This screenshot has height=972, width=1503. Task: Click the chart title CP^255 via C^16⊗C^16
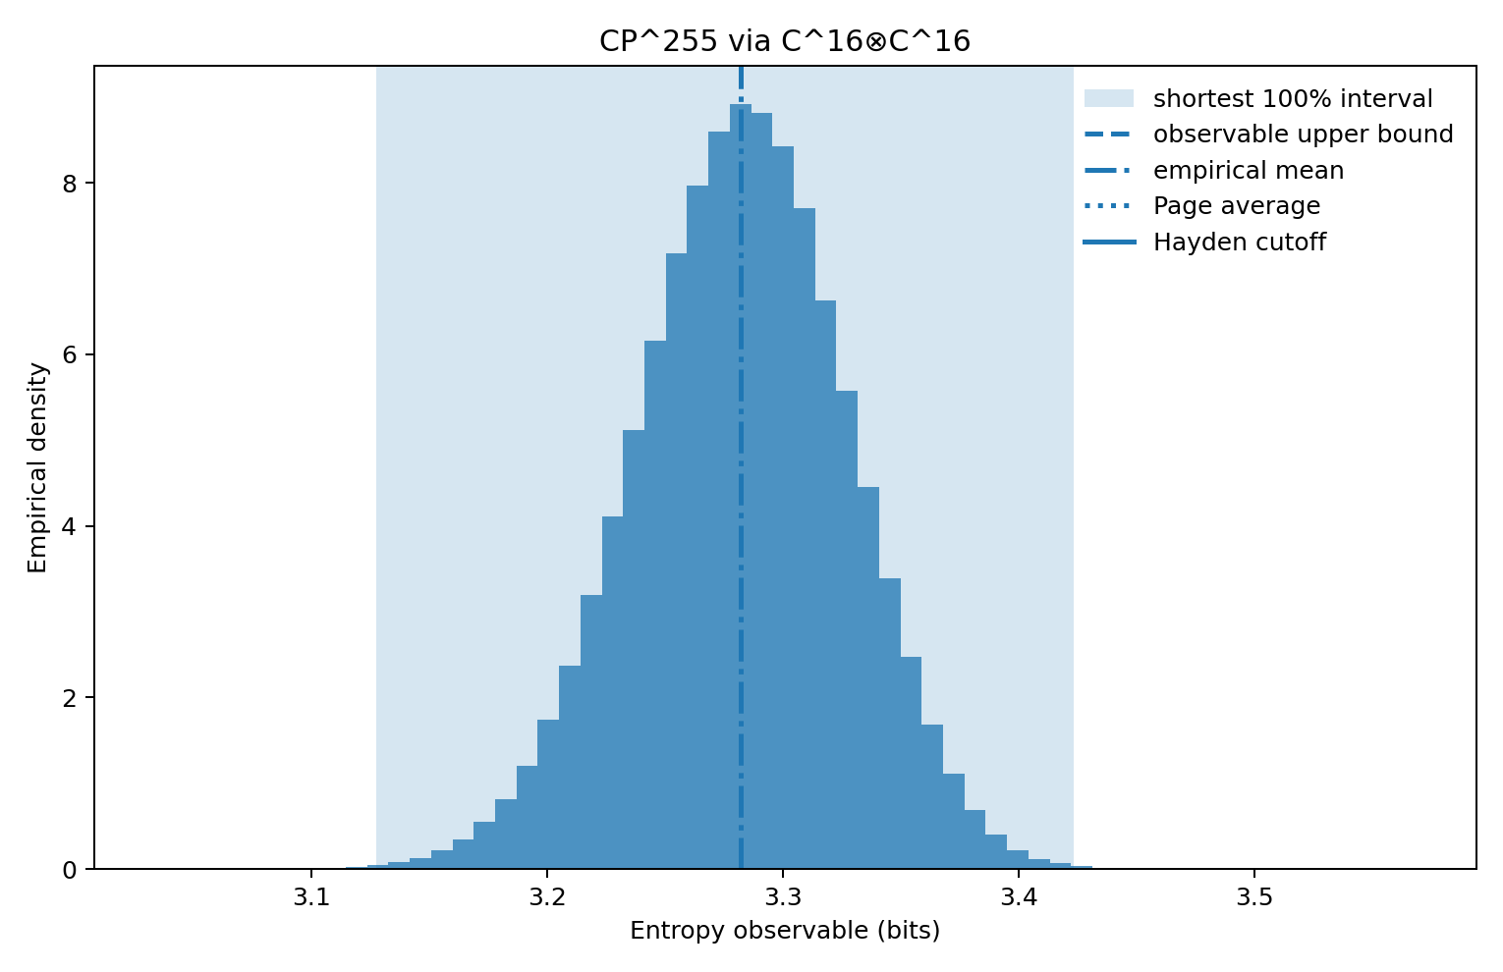pyautogui.click(x=785, y=41)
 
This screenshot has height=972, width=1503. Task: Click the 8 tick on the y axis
pyautogui.click(x=68, y=184)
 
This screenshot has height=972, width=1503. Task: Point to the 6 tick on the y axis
pyautogui.click(x=68, y=355)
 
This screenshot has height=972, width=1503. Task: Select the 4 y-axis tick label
pyautogui.click(x=68, y=526)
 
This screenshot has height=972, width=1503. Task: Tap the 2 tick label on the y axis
pyautogui.click(x=68, y=698)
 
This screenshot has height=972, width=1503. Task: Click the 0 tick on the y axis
pyautogui.click(x=68, y=870)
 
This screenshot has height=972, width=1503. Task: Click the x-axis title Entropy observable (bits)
pyautogui.click(x=785, y=931)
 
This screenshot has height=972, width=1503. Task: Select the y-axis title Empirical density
pyautogui.click(x=37, y=467)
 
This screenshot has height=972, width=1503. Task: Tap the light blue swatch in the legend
pyautogui.click(x=1109, y=99)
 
